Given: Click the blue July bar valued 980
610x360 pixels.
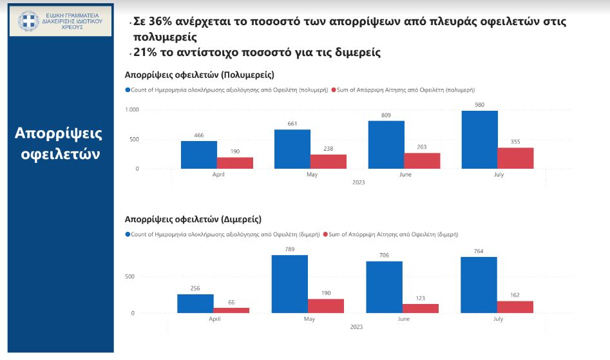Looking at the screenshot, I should point(479,140).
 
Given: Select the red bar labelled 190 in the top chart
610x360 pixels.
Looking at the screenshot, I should point(234,163).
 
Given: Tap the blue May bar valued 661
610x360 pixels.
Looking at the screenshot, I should point(292,149).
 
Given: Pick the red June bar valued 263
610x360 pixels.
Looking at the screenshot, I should point(422,161).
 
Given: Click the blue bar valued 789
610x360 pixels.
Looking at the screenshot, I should point(289,284).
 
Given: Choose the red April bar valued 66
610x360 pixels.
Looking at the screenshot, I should point(231,310).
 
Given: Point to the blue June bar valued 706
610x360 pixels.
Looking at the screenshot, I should point(384,287).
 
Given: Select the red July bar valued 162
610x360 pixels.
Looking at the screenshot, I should point(515,307).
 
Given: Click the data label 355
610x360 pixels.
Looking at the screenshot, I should point(515,142).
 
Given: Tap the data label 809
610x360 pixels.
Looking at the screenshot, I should point(386,115).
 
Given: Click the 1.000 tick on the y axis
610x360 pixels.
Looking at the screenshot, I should point(131,109).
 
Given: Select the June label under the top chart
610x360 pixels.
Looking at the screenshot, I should point(404,174).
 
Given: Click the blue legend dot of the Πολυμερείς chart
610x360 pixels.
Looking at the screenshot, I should point(128,90).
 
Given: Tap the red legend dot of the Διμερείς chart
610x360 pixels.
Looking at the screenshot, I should point(325,234).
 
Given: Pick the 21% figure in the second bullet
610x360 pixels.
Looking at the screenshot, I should point(146,52).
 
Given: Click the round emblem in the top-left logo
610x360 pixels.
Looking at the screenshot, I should point(28,20).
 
